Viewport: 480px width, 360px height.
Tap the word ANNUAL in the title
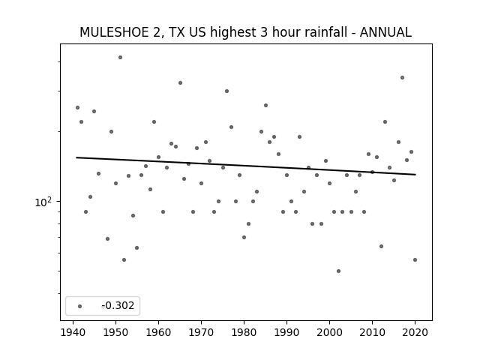tap(385, 32)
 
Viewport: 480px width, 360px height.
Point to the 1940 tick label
tap(73, 332)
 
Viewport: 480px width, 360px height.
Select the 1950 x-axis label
tap(115, 332)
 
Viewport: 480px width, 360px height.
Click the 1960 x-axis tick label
tap(158, 332)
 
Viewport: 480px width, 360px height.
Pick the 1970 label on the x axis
tap(201, 332)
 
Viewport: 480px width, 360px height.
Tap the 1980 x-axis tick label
tap(244, 332)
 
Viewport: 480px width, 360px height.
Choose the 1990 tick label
tap(286, 332)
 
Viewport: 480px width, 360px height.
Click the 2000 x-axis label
tap(329, 332)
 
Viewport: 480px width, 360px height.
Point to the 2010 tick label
tap(372, 332)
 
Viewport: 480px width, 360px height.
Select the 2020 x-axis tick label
tap(415, 332)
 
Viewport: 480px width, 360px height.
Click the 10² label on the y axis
tap(43, 202)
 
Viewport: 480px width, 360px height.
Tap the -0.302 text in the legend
tap(118, 305)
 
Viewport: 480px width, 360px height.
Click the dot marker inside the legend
tap(80, 306)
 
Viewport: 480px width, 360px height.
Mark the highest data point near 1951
tap(120, 57)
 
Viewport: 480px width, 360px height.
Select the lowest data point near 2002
tap(338, 271)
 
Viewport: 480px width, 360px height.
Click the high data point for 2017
tap(402, 78)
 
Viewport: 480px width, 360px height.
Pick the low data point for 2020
tap(415, 260)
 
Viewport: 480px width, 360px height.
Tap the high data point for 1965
tap(180, 83)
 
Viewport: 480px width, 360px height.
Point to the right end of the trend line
tap(415, 175)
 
